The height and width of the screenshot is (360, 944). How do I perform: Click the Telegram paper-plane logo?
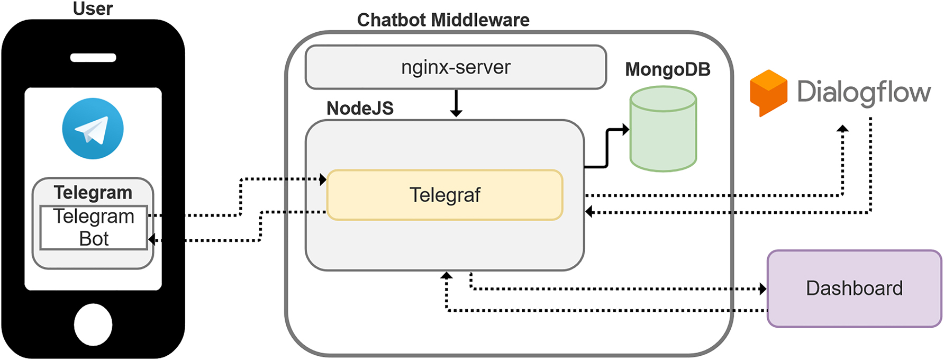pos(93,129)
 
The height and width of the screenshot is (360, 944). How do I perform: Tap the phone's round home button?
pos(93,325)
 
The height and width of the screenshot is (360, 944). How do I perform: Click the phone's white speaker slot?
pos(93,58)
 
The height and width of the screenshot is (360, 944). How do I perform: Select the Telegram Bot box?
pos(94,228)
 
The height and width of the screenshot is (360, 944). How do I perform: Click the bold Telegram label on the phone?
pos(93,193)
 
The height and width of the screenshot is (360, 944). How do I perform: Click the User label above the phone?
pos(93,8)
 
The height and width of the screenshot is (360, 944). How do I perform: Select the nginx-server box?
pos(456,67)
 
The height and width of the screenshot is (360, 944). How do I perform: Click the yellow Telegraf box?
pos(444,195)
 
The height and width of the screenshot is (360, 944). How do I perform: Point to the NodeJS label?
pos(360,108)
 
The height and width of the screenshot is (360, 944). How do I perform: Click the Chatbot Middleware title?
pos(443,20)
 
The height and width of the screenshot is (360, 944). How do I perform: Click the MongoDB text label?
pos(667,69)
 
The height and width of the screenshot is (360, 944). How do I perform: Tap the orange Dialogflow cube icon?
pos(768,93)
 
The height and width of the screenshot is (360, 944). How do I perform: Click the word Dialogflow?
pos(863,92)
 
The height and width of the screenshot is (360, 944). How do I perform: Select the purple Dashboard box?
pos(854,289)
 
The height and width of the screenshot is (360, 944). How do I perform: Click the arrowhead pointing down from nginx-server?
pos(456,113)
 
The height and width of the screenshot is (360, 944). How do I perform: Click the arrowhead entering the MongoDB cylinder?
pos(625,129)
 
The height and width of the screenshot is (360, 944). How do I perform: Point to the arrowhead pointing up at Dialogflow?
pos(842,129)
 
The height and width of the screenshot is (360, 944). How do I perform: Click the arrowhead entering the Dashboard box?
pos(763,289)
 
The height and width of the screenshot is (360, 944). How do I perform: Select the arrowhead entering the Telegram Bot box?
pos(152,240)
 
